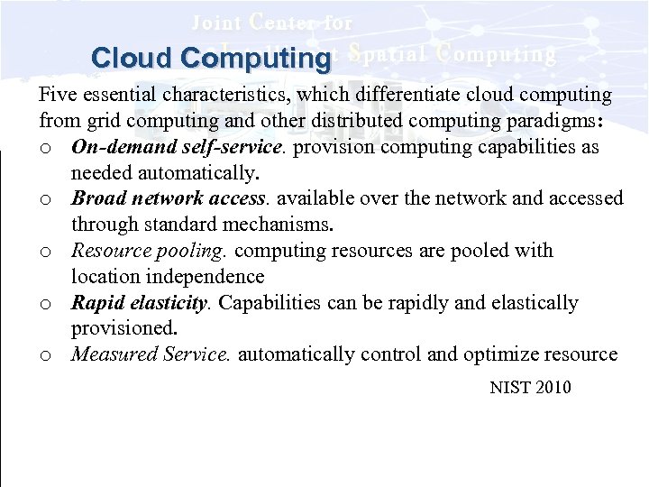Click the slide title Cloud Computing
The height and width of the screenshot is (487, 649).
211,59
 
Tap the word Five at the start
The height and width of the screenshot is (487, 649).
55,95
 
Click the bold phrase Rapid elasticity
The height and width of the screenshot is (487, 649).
139,303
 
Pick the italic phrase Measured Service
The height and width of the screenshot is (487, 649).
151,354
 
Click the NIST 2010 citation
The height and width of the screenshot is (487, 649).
530,388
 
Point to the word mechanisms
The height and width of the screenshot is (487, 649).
282,225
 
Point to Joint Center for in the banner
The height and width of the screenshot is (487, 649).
271,22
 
